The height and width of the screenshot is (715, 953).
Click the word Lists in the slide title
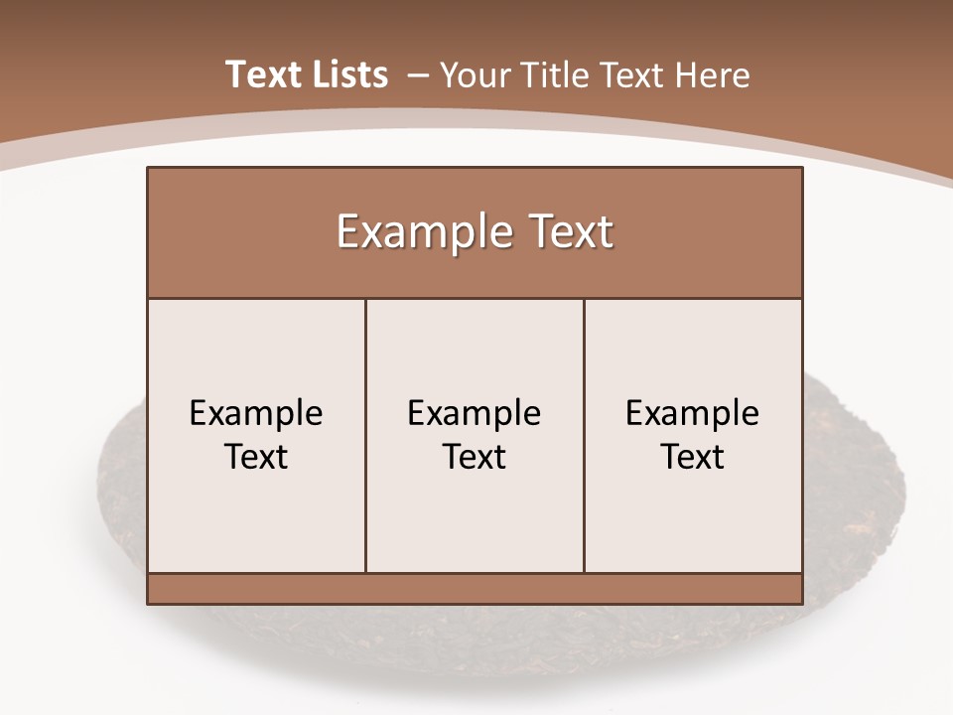coord(348,74)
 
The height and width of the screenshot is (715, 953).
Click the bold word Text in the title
coord(262,74)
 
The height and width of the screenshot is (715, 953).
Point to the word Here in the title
coord(712,75)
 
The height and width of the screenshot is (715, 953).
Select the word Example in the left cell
coord(256,413)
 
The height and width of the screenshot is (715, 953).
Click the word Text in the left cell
coord(256,457)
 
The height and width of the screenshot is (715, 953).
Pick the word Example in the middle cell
coord(475,413)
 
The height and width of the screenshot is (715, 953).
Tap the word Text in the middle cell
coord(475,457)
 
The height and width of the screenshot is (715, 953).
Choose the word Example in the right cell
coord(693,413)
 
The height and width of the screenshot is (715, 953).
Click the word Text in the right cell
coord(693,457)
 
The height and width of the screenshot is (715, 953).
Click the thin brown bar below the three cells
coord(475,588)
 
